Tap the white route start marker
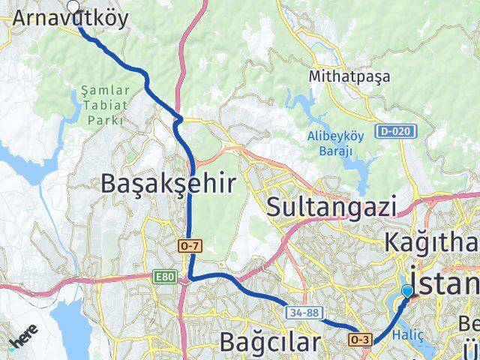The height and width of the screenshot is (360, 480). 73,7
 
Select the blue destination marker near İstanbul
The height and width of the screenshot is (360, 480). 407,291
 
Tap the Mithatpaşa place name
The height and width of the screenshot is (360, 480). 341,76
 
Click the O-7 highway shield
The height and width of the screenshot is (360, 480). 190,245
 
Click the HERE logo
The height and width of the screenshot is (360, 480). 22,338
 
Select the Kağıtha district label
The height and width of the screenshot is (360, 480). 431,243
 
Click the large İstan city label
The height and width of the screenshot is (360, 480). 442,285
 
